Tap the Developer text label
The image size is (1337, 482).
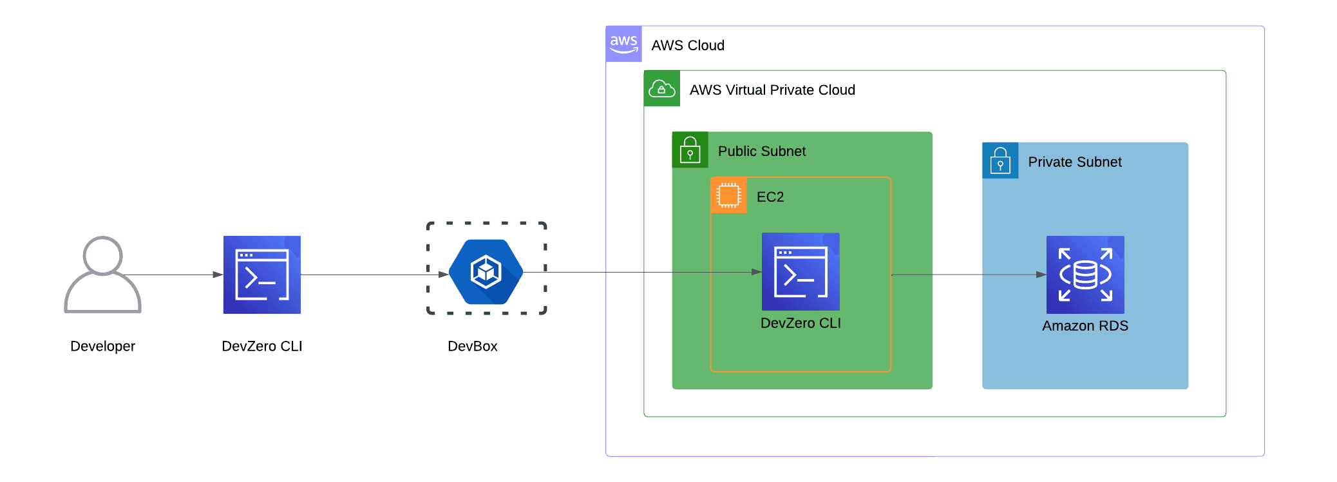[102, 346]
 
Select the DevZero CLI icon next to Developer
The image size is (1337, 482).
[262, 275]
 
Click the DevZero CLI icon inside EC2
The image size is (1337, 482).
[801, 271]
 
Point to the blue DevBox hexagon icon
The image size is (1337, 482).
[486, 272]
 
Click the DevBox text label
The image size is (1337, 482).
[472, 346]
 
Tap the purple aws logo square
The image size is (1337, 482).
[623, 44]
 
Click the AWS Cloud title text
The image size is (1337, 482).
[688, 45]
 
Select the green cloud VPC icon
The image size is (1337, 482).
[661, 88]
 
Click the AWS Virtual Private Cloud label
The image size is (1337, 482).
[772, 90]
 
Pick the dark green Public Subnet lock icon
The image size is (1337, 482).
[690, 149]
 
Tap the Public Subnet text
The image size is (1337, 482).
[761, 151]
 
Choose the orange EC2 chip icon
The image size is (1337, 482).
[728, 195]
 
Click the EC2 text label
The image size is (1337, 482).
[770, 197]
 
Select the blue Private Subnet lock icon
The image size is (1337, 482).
[1000, 160]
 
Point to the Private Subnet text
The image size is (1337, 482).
[1074, 162]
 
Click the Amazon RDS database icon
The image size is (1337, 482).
[1085, 275]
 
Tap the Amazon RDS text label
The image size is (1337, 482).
[1085, 325]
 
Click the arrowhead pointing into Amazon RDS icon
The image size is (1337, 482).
[1041, 275]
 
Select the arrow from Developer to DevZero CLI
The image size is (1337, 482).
[174, 275]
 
